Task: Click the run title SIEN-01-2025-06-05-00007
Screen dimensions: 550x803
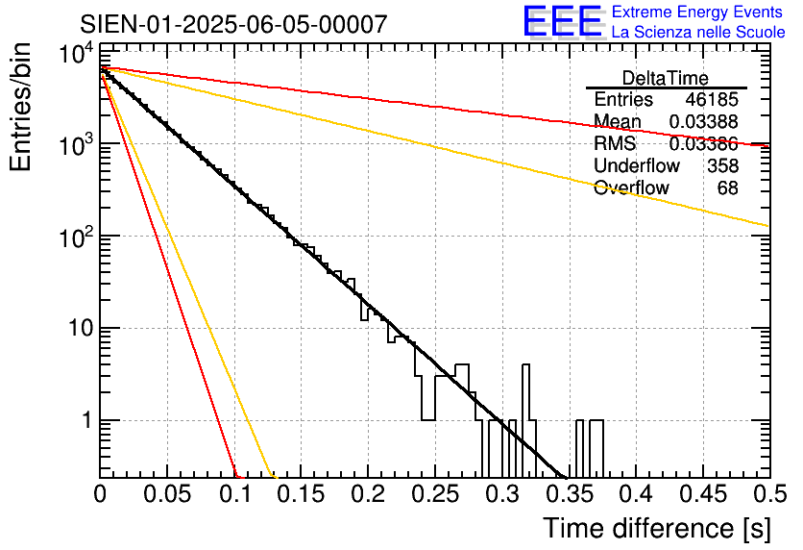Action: point(234,24)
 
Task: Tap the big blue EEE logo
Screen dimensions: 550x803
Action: point(561,22)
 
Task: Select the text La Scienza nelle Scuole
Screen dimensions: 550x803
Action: point(698,32)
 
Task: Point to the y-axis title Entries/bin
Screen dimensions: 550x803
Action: point(20,109)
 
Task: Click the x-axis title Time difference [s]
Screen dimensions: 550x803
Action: point(654,528)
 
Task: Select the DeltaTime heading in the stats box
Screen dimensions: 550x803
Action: point(666,78)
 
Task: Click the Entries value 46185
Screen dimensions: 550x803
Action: point(712,100)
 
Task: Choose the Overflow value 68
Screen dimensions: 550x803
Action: point(728,188)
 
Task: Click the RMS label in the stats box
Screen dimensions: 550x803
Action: point(615,144)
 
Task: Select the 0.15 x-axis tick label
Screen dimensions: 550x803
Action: point(301,495)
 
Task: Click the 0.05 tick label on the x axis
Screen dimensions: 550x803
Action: point(167,495)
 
